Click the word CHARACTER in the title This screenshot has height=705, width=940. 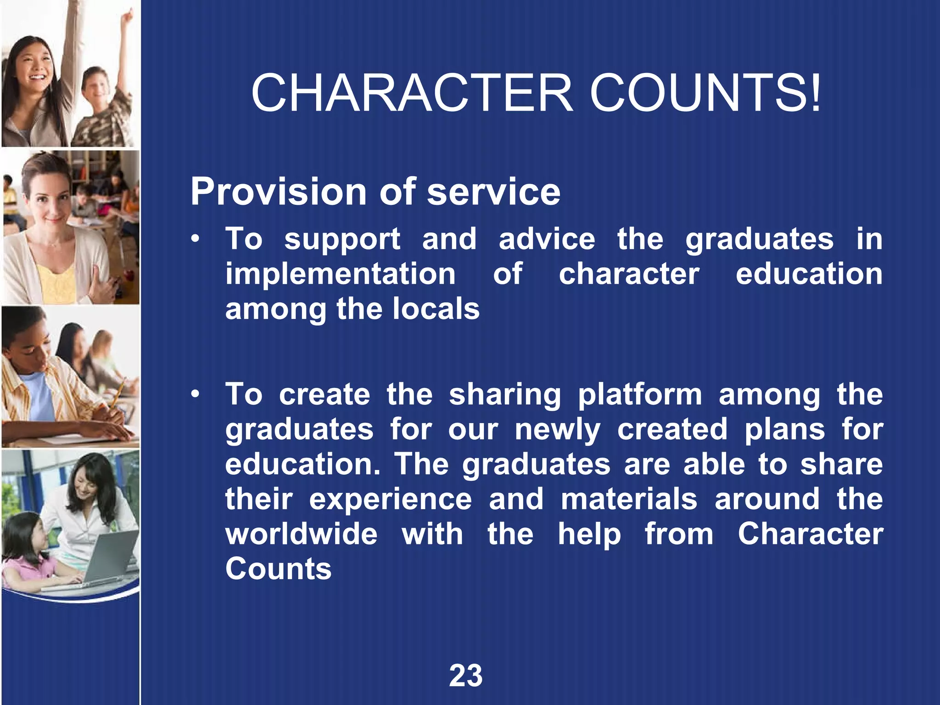point(412,93)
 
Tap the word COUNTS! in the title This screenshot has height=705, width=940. point(705,93)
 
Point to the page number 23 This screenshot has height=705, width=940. point(465,676)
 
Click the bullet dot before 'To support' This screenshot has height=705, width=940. point(196,239)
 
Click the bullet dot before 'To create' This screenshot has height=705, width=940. point(196,394)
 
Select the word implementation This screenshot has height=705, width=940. point(340,274)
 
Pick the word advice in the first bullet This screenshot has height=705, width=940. point(547,239)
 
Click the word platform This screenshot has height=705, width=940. point(639,395)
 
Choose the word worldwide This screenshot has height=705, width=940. point(301,534)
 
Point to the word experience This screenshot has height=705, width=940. point(390,499)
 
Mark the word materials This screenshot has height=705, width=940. point(629,499)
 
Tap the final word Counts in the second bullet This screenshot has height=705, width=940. point(278,569)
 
